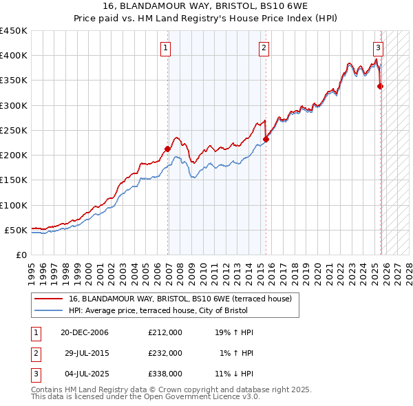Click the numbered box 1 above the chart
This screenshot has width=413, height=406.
click(x=167, y=47)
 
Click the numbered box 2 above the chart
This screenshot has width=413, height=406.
click(x=264, y=47)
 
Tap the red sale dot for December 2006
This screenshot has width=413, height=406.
click(x=167, y=149)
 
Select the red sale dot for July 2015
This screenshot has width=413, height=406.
click(x=266, y=139)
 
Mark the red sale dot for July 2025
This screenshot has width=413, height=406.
click(x=380, y=86)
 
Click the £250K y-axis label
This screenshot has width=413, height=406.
click(x=14, y=130)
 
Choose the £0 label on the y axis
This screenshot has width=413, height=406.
click(x=21, y=255)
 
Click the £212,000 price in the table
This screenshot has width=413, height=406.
click(x=165, y=332)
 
